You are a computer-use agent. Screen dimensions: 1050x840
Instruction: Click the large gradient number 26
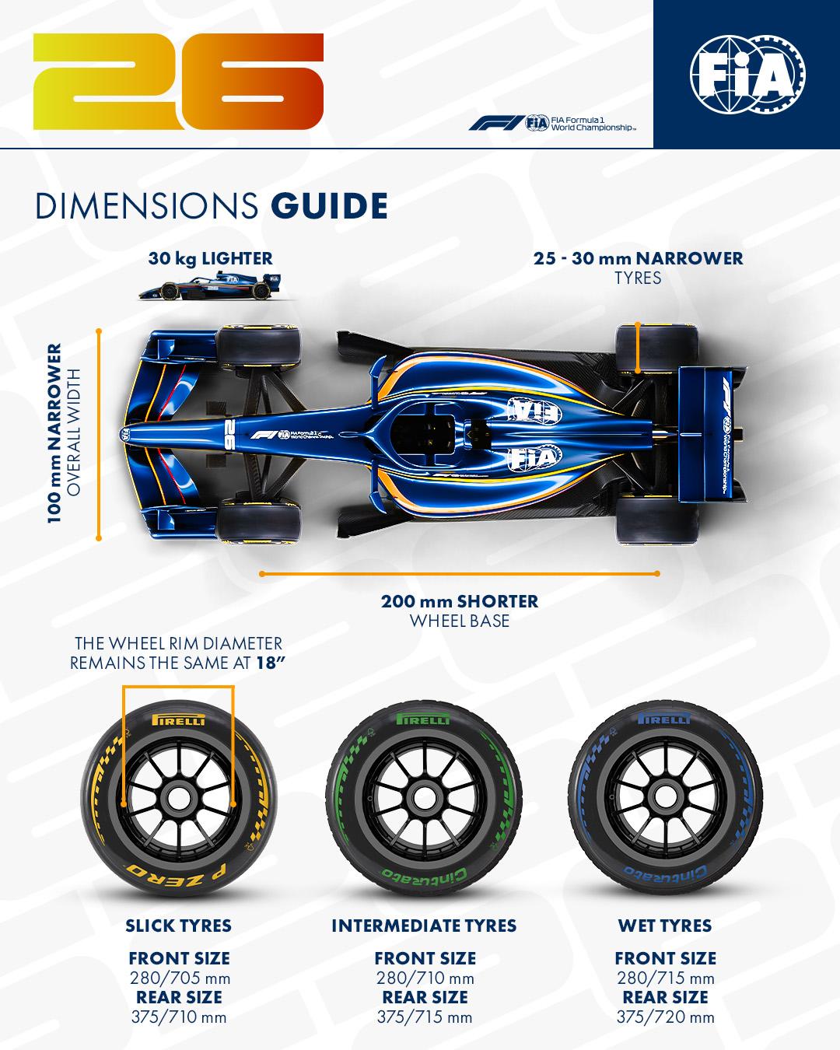[x=177, y=82]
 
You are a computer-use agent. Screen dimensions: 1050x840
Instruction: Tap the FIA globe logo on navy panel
[x=747, y=75]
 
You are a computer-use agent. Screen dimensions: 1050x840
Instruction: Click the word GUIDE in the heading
[x=329, y=205]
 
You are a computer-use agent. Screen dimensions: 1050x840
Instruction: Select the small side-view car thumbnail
[x=209, y=285]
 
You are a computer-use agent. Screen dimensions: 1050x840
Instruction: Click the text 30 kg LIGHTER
[x=210, y=258]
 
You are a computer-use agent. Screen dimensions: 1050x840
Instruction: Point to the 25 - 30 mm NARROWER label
[x=638, y=258]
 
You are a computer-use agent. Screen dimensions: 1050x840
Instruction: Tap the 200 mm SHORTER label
[x=459, y=601]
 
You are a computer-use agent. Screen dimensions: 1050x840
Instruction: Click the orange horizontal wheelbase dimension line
[x=459, y=574]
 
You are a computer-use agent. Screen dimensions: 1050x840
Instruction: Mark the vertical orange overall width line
[x=99, y=434]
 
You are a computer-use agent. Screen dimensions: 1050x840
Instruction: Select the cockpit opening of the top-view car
[x=426, y=432]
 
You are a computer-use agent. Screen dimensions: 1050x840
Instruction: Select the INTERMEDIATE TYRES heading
[x=424, y=926]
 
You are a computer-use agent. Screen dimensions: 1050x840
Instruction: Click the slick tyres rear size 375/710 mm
[x=179, y=1017]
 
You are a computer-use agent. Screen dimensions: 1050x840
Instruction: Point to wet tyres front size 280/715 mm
[x=665, y=978]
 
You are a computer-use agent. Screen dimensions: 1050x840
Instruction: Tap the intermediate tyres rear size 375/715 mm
[x=424, y=1017]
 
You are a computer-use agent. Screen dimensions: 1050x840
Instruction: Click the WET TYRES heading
[x=665, y=926]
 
